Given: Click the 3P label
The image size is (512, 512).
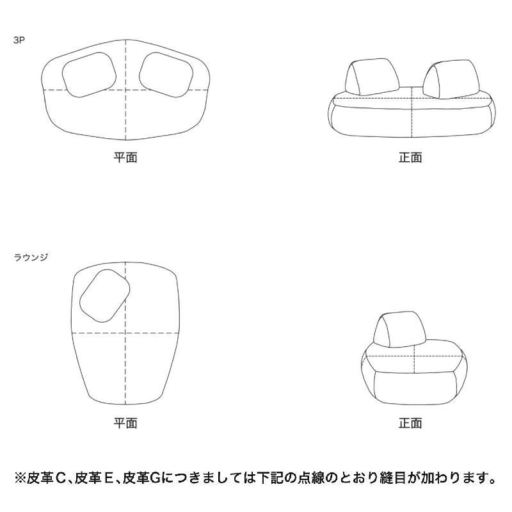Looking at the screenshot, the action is tap(19, 40).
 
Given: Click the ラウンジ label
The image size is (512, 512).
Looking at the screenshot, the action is tap(31, 257).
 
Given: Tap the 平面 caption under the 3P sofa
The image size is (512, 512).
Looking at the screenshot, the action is tap(125, 157).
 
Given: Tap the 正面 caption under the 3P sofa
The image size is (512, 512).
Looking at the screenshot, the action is tap(410, 157).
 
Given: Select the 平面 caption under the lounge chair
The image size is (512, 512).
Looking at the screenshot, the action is tap(125, 423).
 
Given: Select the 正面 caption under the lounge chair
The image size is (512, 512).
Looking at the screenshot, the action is tap(410, 423).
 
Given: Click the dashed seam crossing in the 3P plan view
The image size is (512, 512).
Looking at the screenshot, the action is tap(125, 90).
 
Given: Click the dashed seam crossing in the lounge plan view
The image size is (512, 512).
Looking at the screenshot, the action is tap(125, 333).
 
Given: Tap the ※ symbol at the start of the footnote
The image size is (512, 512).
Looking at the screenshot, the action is tap(20, 478).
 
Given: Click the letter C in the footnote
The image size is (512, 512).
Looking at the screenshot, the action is tap(61, 478).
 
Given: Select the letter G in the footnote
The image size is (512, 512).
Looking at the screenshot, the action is tap(156, 478).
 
